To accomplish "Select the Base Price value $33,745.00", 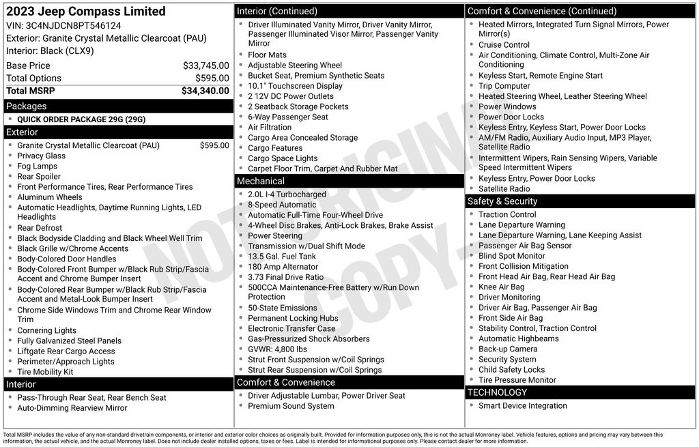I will [x=205, y=66].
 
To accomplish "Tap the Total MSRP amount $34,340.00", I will [x=205, y=91].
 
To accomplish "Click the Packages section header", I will [x=27, y=106].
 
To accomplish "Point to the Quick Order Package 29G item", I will [x=81, y=119].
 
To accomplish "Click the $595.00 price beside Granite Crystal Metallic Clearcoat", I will [x=214, y=145].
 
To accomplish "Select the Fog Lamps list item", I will [x=38, y=166].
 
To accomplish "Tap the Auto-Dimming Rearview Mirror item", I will [x=72, y=408].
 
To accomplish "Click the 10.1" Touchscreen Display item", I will [x=295, y=86].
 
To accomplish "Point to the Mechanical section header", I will [x=260, y=181].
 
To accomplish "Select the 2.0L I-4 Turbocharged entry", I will [x=287, y=194].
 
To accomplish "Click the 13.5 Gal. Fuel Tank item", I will [x=282, y=256].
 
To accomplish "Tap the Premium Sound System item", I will [x=291, y=406].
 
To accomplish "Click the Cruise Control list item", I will [x=504, y=45].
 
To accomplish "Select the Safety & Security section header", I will [x=502, y=201].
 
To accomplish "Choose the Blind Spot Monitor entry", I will [x=511, y=256].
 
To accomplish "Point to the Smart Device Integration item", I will [x=522, y=406].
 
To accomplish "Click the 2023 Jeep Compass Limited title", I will [x=85, y=12].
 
